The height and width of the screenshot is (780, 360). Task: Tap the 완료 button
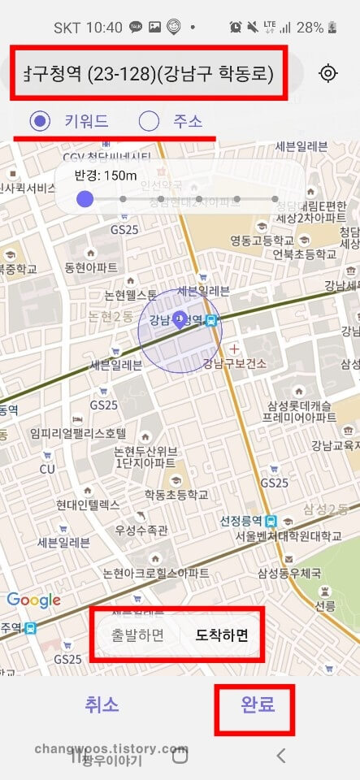point(258,704)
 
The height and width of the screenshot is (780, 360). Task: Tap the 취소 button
point(102,704)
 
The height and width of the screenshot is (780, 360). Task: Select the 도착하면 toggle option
point(221,635)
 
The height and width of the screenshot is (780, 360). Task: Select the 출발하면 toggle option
point(137,635)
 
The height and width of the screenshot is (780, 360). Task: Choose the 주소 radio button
point(149,122)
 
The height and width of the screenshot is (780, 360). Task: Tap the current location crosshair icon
point(327,73)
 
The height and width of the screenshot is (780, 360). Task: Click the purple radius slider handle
point(85,198)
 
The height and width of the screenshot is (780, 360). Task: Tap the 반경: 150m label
point(106,175)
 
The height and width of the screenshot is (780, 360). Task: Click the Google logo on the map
point(34,600)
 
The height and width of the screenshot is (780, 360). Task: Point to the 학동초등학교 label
point(176,494)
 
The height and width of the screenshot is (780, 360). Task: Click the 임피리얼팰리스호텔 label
point(78,433)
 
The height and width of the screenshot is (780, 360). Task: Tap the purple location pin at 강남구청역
point(180,320)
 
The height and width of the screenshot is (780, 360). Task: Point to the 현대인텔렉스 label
point(88,505)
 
